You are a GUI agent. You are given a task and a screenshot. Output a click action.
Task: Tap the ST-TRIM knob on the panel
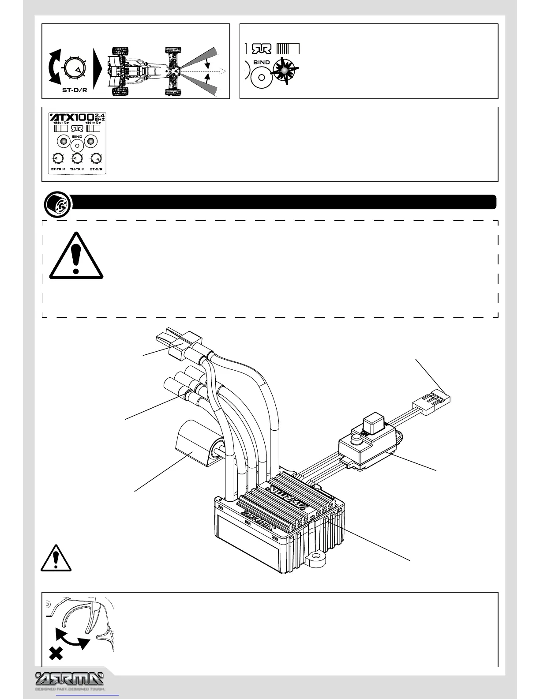58,158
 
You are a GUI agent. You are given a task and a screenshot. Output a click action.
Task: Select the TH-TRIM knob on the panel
77,158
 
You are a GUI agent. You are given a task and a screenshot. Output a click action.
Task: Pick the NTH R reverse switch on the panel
93,129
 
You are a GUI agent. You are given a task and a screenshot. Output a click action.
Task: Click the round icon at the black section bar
58,204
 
